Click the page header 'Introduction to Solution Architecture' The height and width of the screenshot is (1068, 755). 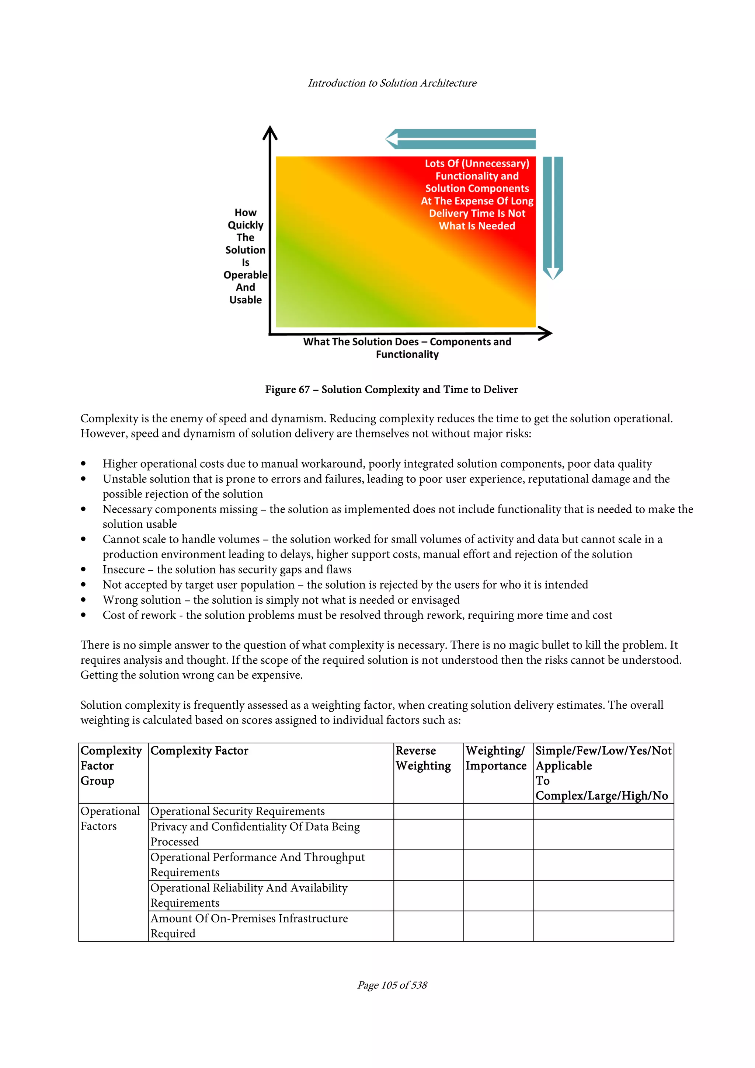click(x=392, y=83)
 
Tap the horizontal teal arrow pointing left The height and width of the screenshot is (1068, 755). click(x=460, y=139)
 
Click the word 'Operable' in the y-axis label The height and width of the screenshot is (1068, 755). click(x=245, y=275)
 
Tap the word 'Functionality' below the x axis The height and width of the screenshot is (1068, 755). click(x=407, y=355)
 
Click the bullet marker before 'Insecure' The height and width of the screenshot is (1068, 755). click(x=83, y=569)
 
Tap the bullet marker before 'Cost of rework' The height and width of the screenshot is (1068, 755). click(x=83, y=615)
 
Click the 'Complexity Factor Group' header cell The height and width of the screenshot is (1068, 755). click(x=111, y=766)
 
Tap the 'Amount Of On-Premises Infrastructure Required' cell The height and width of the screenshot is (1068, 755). click(x=249, y=926)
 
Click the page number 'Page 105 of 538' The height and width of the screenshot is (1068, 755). click(x=392, y=985)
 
